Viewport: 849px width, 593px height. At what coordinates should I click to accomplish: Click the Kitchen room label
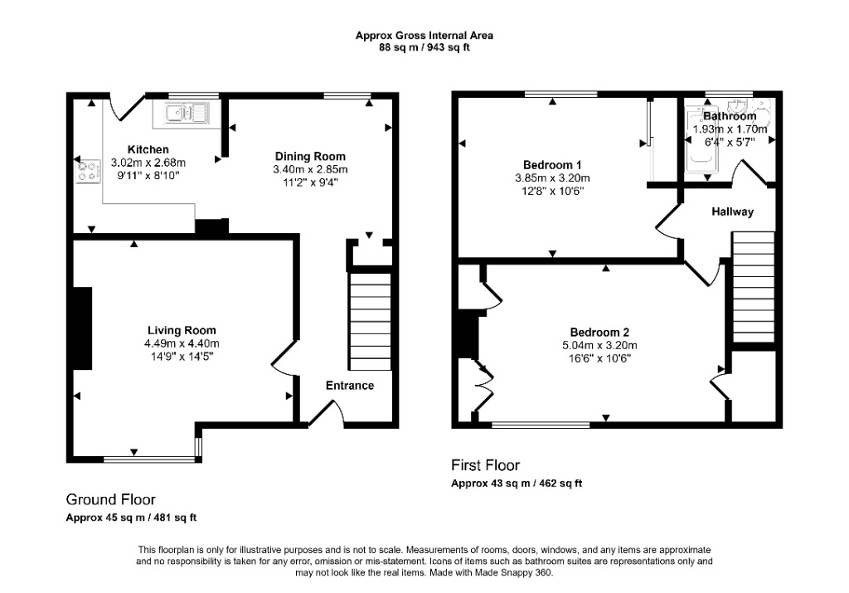point(148,149)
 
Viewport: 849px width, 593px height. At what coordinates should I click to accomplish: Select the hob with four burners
point(89,172)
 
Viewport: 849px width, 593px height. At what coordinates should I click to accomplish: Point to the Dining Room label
point(310,157)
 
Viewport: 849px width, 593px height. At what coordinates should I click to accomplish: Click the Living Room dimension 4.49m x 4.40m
point(182,343)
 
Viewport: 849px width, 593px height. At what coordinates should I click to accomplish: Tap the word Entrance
point(350,386)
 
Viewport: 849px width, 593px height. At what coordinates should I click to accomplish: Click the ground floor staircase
point(370,322)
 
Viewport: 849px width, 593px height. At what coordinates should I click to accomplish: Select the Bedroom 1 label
point(552,165)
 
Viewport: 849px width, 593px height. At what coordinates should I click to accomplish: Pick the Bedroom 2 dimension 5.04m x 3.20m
point(599,346)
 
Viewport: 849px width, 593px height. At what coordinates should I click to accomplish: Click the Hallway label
point(733,211)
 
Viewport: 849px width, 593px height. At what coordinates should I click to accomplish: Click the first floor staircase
point(754,287)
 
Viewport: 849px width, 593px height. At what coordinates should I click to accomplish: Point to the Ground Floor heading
point(111,499)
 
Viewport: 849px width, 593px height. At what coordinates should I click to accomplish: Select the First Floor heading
point(486,465)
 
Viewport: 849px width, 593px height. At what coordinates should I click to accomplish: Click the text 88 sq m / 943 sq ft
point(424,47)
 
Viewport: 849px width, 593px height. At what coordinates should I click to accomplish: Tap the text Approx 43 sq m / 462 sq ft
point(517,483)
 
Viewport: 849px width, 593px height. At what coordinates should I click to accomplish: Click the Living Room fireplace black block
point(82,328)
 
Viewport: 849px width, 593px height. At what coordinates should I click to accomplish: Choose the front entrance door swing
point(327,414)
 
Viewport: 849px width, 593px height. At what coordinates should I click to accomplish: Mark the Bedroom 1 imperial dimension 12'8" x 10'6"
point(552,191)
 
